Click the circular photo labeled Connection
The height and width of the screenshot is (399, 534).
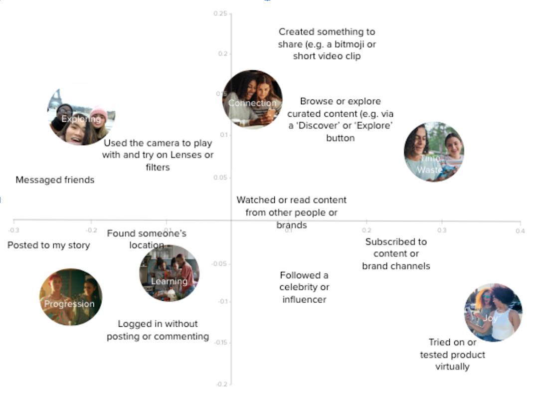pyautogui.click(x=252, y=99)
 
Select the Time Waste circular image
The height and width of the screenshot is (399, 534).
pyautogui.click(x=434, y=152)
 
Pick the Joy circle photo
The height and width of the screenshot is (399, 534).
pyautogui.click(x=493, y=313)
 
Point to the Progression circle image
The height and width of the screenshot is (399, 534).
pyautogui.click(x=71, y=297)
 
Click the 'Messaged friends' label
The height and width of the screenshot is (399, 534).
pyautogui.click(x=55, y=180)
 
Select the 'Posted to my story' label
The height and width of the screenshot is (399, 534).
pyautogui.click(x=48, y=245)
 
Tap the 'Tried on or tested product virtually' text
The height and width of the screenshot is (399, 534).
pyautogui.click(x=452, y=355)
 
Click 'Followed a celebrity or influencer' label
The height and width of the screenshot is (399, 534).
pyautogui.click(x=304, y=287)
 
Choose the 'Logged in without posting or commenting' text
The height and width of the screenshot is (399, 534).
pyautogui.click(x=158, y=330)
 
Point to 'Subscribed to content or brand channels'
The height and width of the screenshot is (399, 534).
pyautogui.click(x=396, y=254)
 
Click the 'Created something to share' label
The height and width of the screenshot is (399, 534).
pyautogui.click(x=327, y=44)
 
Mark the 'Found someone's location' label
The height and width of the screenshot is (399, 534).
pyautogui.click(x=147, y=239)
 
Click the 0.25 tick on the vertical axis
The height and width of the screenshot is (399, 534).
pyautogui.click(x=220, y=13)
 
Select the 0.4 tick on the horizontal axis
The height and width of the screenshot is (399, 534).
pyautogui.click(x=520, y=230)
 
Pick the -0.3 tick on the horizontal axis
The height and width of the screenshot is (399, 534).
pyautogui.click(x=14, y=230)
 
